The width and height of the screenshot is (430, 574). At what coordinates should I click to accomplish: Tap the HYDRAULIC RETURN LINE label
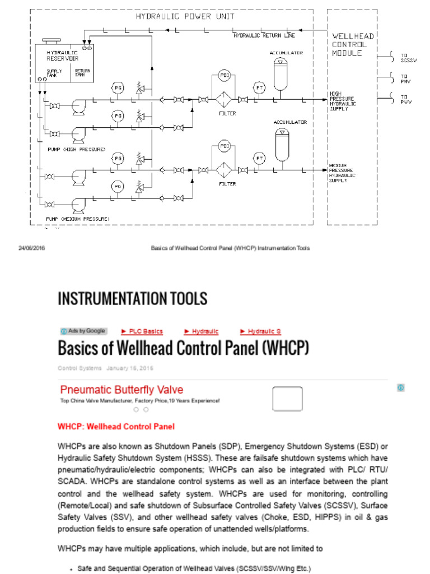click(x=264, y=36)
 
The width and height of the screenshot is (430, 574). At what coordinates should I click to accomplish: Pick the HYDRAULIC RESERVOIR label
click(x=62, y=55)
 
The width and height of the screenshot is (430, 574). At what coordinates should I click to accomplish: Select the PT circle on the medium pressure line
click(x=259, y=158)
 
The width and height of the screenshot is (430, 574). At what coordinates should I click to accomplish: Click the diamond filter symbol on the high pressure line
click(x=224, y=100)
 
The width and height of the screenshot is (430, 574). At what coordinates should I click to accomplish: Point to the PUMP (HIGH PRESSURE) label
click(x=76, y=150)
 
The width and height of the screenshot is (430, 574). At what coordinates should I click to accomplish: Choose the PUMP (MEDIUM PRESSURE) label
click(x=78, y=218)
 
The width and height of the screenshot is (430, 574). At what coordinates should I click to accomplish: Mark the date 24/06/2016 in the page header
click(x=32, y=248)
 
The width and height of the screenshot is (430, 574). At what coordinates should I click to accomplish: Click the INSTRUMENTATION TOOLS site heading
click(x=133, y=299)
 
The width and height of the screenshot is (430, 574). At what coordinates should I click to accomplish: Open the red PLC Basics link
click(x=142, y=331)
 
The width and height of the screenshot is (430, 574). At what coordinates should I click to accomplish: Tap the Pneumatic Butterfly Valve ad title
click(x=121, y=390)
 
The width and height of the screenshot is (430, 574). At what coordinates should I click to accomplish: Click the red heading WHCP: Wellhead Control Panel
click(x=116, y=427)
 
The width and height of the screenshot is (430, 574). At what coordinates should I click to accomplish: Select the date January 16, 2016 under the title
click(x=130, y=368)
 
